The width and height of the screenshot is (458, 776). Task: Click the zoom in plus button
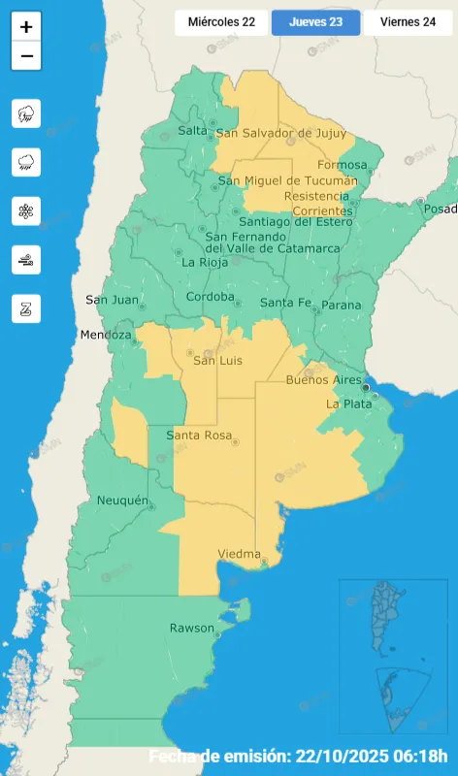[x=26, y=27]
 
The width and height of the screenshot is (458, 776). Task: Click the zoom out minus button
[x=26, y=56]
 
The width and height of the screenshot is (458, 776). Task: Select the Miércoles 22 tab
[x=221, y=21]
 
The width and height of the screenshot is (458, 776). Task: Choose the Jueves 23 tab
[x=315, y=21]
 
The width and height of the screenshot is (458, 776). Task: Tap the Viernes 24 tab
[x=408, y=21]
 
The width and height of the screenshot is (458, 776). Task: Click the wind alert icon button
[x=26, y=259]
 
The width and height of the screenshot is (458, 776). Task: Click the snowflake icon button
[x=26, y=210]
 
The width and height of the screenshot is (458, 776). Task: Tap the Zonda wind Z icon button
[x=26, y=308]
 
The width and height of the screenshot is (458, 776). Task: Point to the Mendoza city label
[x=106, y=335]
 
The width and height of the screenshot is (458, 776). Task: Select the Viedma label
[x=239, y=554]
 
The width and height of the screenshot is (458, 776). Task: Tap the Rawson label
[x=192, y=628]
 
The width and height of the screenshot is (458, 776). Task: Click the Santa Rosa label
[x=199, y=436]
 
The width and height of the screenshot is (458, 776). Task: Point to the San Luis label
[x=217, y=361]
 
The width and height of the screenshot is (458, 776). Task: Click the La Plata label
[x=347, y=404]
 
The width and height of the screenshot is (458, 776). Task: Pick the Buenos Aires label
[x=323, y=380]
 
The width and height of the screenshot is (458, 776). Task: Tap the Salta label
[x=192, y=130]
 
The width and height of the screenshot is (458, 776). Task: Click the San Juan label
[x=112, y=299]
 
